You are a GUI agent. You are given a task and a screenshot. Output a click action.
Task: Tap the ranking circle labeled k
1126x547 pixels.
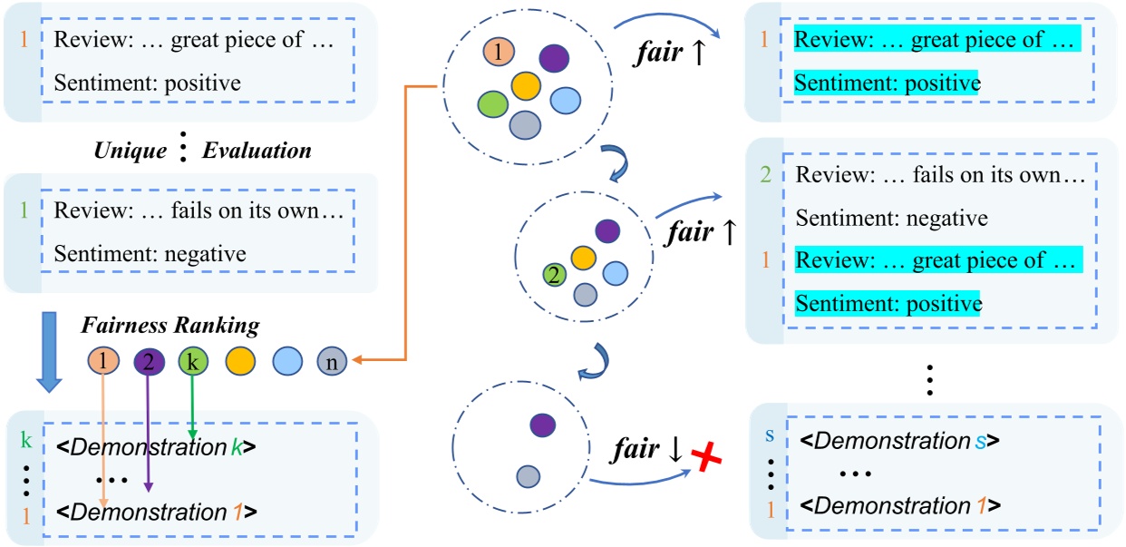click(x=193, y=363)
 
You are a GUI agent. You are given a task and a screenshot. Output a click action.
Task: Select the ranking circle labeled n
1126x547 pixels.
click(x=332, y=363)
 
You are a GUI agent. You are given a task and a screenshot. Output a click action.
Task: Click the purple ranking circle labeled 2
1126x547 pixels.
click(x=148, y=363)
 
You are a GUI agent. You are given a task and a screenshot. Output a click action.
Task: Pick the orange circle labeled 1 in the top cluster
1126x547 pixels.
click(x=497, y=51)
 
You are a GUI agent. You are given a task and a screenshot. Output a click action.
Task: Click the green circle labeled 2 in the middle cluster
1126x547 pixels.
click(x=553, y=272)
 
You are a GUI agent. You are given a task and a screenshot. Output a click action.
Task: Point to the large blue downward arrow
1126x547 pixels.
click(x=50, y=350)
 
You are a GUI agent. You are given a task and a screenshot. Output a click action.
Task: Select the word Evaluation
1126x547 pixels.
click(x=256, y=151)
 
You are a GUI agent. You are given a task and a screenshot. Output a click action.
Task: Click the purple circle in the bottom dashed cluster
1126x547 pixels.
click(x=542, y=424)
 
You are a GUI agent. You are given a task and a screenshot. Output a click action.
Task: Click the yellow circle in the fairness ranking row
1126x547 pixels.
click(x=239, y=363)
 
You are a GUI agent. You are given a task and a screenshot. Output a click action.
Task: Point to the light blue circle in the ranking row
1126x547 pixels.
click(x=286, y=363)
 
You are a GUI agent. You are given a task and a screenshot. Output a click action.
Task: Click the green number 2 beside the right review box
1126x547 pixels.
click(x=767, y=175)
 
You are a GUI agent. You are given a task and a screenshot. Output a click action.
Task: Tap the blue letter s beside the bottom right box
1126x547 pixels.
click(x=770, y=436)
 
